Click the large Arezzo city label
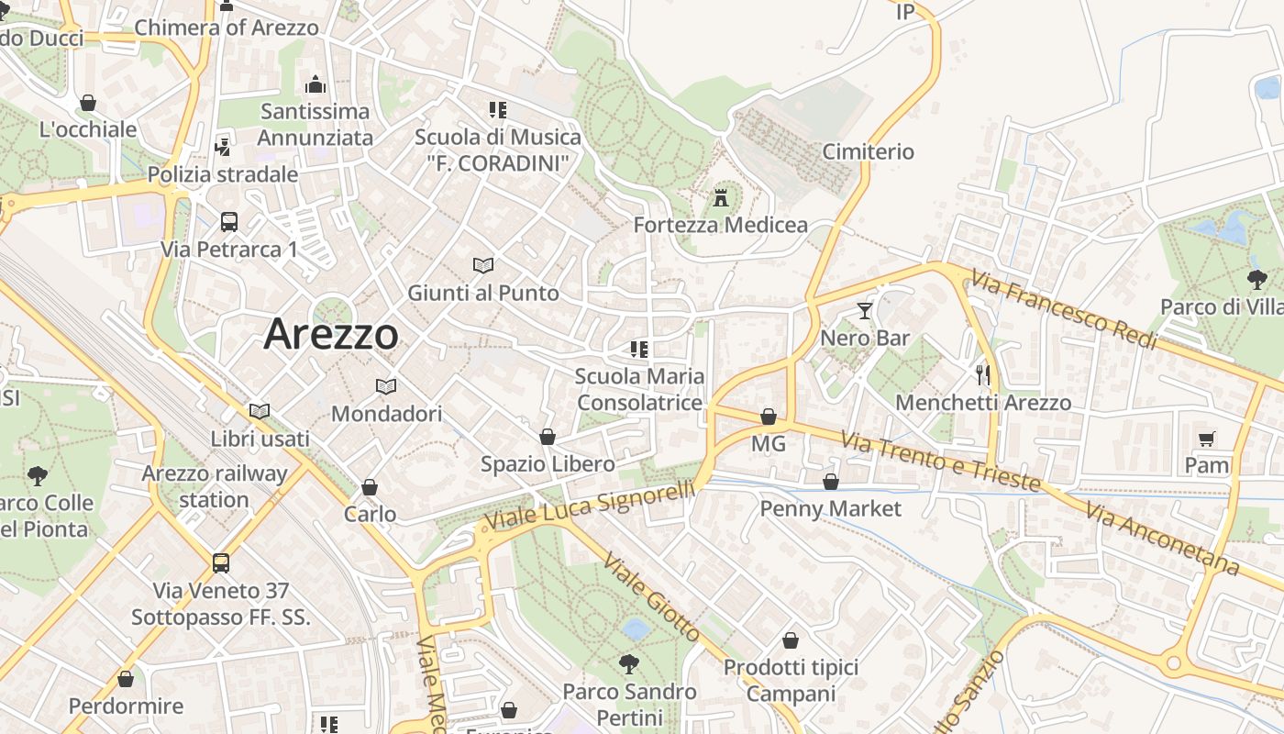tap(331, 334)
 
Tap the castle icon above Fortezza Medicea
tap(721, 197)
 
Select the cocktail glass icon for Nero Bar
tap(864, 311)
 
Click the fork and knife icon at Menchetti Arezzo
tap(983, 374)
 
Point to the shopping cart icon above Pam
tap(1206, 439)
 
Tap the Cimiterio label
tap(868, 151)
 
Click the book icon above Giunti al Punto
tap(483, 265)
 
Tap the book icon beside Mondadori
tap(386, 386)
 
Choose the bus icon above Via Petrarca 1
tap(229, 221)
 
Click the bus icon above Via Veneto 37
tap(221, 562)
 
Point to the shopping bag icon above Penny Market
tap(831, 482)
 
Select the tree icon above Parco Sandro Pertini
tap(629, 663)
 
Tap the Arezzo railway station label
tap(215, 486)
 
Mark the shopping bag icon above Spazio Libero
tap(548, 437)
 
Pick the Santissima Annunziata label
tap(315, 125)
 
